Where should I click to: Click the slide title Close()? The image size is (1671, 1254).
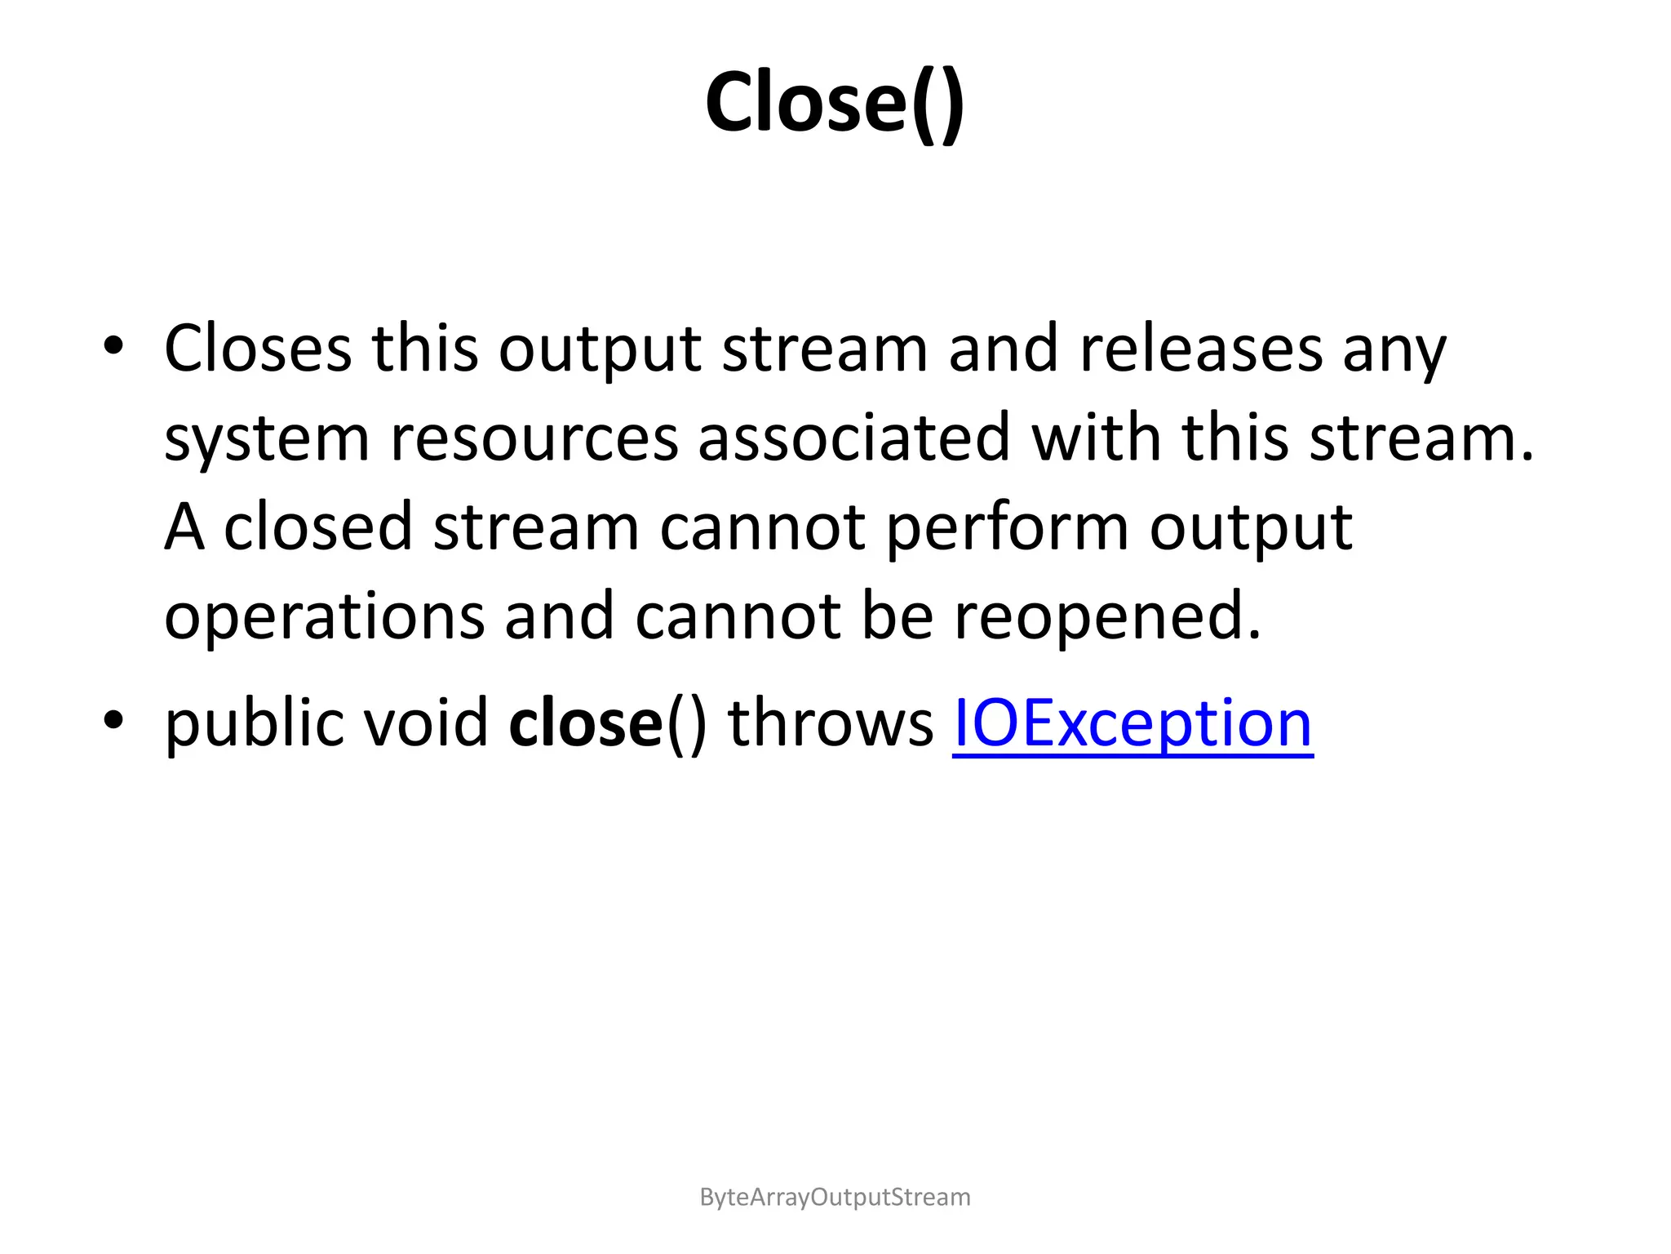(835, 103)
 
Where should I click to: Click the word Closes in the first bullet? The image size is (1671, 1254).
(258, 349)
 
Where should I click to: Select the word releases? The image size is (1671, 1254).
(1200, 349)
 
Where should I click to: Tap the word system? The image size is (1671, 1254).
(267, 439)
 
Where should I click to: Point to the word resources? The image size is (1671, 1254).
(534, 439)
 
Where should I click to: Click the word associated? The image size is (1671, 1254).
(854, 438)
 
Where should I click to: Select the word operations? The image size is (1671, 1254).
(324, 617)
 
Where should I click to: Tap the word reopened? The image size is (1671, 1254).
(1107, 617)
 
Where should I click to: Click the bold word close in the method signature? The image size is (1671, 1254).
(585, 723)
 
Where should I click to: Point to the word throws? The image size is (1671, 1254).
(830, 723)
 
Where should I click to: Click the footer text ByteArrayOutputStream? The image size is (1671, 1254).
(835, 1197)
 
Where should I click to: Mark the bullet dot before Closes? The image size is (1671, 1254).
(113, 346)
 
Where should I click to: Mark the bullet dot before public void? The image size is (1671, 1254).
(113, 720)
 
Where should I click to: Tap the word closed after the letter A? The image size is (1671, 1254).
(317, 527)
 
